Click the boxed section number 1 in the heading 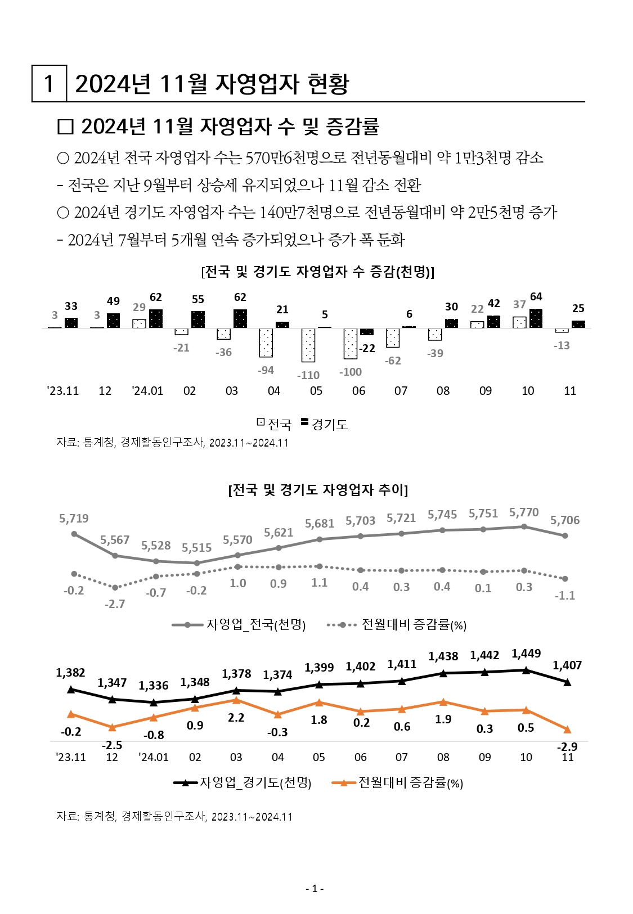[x=49, y=84]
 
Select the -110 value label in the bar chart [x=309, y=375]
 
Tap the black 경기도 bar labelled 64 [x=536, y=318]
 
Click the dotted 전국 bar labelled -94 [x=266, y=343]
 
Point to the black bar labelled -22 [x=367, y=332]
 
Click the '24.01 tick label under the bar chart [x=147, y=391]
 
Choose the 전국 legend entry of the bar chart [x=275, y=424]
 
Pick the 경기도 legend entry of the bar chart [x=325, y=424]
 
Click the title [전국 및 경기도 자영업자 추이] [x=318, y=489]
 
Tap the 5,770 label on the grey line [x=524, y=512]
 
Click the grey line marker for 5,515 [x=196, y=563]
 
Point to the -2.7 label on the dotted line [x=115, y=604]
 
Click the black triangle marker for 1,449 [x=526, y=670]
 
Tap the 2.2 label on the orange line [x=236, y=718]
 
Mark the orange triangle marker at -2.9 [x=567, y=730]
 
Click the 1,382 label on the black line [x=70, y=673]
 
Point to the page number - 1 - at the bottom [x=315, y=889]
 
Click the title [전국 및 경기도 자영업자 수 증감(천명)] [x=318, y=272]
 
